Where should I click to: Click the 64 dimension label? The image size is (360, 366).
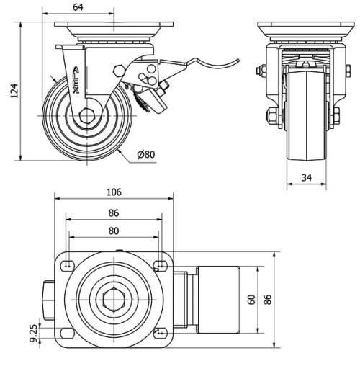(78, 7)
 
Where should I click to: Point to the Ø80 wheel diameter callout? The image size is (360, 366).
(145, 153)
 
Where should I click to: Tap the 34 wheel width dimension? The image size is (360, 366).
(306, 175)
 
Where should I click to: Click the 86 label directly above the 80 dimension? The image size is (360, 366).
(113, 213)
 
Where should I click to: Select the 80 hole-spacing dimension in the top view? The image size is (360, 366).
(113, 231)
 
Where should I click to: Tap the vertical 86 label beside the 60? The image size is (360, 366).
(269, 299)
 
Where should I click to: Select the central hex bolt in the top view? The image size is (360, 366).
(113, 299)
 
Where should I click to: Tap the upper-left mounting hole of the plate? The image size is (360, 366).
(67, 264)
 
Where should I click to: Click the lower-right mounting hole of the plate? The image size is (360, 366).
(160, 333)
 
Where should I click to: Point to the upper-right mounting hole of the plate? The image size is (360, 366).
(160, 264)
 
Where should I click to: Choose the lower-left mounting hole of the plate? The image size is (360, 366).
(67, 333)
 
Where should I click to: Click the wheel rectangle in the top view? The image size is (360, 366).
(216, 299)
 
